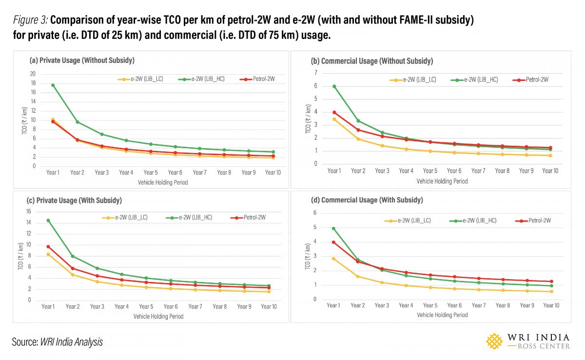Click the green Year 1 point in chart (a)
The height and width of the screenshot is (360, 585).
click(53, 85)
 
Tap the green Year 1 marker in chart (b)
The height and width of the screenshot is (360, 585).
click(334, 86)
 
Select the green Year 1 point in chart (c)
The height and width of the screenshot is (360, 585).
click(48, 220)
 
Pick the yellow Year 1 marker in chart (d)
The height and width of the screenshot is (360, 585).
click(333, 259)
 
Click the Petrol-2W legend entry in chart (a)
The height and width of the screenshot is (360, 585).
click(259, 79)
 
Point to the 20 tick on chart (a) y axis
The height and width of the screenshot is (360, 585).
click(33, 74)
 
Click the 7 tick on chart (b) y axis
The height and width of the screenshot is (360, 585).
click(316, 73)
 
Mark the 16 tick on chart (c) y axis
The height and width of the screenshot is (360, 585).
click(28, 211)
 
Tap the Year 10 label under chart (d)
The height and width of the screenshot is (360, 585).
click(551, 305)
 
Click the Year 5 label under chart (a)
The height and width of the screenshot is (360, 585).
click(150, 172)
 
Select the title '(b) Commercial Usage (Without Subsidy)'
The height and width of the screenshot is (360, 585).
click(372, 61)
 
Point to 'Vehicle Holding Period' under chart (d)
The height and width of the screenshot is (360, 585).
click(442, 315)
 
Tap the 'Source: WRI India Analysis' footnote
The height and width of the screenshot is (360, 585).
click(58, 342)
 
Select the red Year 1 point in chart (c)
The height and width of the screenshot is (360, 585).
click(48, 247)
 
